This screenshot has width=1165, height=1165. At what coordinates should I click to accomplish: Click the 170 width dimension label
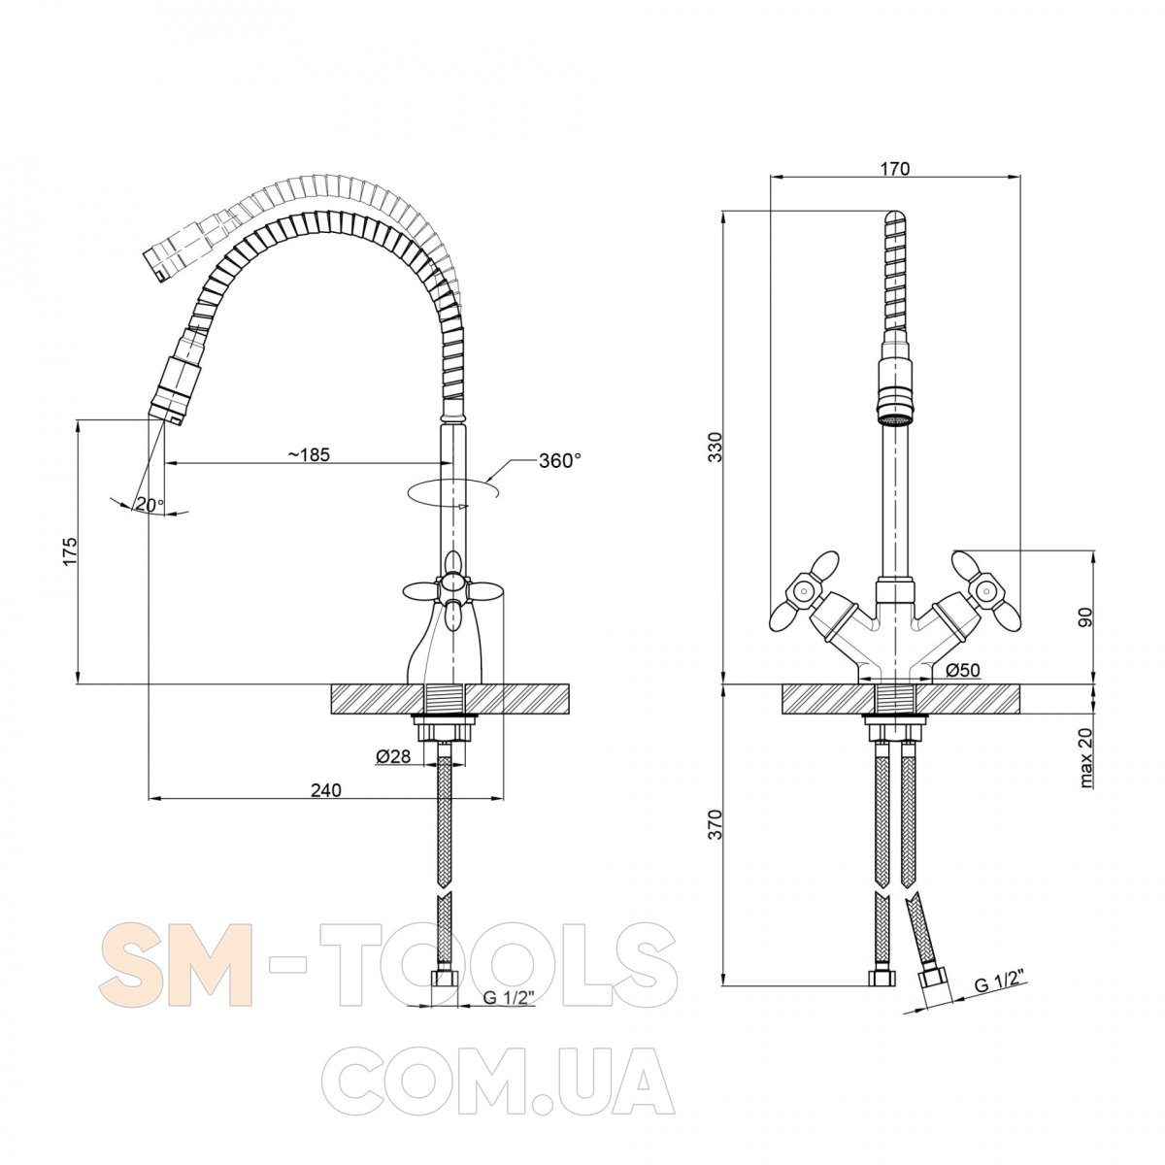point(895,168)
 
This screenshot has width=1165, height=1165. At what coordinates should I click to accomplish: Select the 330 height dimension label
point(716,448)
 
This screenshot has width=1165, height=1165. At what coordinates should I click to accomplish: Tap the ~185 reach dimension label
point(309,454)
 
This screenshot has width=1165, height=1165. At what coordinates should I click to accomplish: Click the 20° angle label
point(150,504)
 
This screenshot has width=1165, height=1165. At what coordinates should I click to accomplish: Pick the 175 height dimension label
point(71,551)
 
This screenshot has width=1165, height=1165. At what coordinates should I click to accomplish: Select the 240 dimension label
point(326,789)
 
